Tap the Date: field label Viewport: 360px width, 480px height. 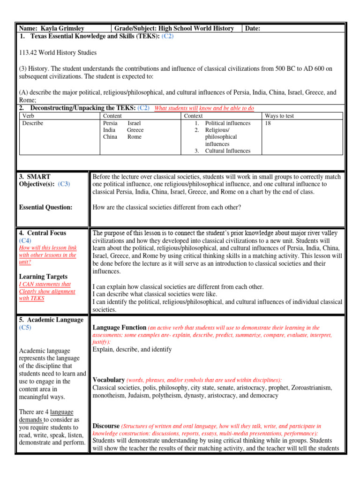point(253,29)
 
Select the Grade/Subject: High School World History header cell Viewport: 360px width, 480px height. point(174,29)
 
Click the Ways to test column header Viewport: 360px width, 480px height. point(279,116)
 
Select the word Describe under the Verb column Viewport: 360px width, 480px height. point(33,123)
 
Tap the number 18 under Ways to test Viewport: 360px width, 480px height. point(268,123)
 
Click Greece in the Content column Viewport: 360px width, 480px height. point(135,130)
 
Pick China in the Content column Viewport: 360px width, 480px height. point(110,137)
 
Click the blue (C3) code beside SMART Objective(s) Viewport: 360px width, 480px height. point(64,184)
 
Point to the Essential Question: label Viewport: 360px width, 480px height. point(46,207)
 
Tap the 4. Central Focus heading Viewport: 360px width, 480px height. point(43,233)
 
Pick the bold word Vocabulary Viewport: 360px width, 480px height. point(109,380)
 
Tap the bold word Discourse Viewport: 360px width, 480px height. point(106,426)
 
